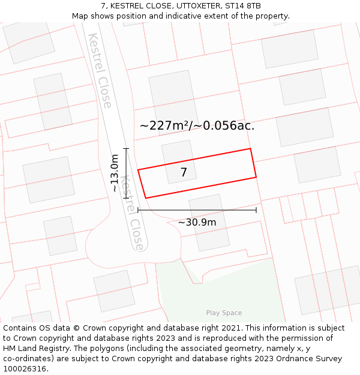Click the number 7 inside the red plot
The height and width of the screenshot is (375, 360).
pos(184,173)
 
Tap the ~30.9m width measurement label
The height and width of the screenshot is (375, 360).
pos(197,222)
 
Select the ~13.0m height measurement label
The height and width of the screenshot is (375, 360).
pos(114,173)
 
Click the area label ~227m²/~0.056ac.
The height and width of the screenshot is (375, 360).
pos(197,125)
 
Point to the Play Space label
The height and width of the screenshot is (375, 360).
pos(224,313)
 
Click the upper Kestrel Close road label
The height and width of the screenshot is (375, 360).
pos(100,70)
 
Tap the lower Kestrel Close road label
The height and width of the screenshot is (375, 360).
pos(131,213)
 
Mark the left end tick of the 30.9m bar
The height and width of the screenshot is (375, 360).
pos(138,210)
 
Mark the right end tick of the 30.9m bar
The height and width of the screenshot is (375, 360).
pos(256,210)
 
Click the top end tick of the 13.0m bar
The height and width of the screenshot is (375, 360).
pos(126,148)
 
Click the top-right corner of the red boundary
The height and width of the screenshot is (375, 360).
pos(250,149)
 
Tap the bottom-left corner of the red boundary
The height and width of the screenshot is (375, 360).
pos(146,197)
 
